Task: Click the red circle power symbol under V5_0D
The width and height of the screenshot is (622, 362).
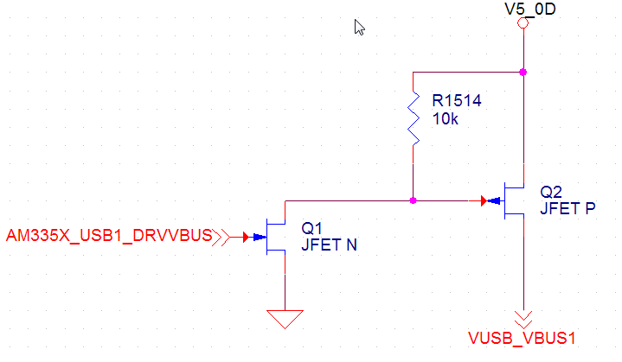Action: click(x=523, y=23)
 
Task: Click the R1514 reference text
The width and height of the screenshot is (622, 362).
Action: click(x=456, y=102)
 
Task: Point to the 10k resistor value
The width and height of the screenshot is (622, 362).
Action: click(x=445, y=119)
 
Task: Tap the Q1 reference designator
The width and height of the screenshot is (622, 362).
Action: click(x=311, y=228)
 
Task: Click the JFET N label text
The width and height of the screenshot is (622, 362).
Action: click(x=328, y=245)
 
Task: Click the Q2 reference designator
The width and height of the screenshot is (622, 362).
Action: click(x=550, y=191)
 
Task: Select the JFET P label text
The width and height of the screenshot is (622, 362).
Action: click(x=567, y=208)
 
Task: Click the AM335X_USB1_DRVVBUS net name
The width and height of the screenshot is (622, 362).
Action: click(x=108, y=236)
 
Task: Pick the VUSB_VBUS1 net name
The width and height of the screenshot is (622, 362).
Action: click(x=522, y=338)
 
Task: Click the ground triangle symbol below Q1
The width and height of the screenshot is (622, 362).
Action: click(x=285, y=319)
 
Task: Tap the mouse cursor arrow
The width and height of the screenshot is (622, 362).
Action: click(x=359, y=27)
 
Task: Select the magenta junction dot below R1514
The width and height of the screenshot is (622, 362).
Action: click(x=414, y=200)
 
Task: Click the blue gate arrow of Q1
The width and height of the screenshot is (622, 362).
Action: click(x=260, y=236)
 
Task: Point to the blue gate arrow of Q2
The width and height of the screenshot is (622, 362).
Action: click(x=494, y=201)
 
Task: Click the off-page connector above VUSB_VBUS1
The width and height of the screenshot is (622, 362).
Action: click(x=523, y=317)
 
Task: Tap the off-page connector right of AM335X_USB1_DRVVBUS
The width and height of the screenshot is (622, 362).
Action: click(x=222, y=236)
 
